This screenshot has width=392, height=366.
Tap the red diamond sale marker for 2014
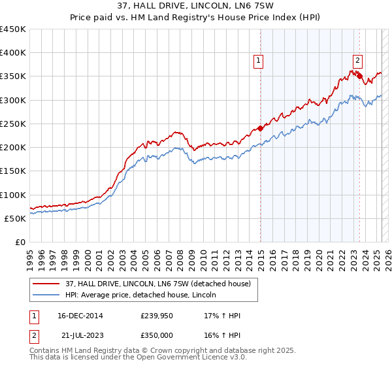260,128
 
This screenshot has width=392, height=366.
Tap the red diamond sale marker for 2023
360,76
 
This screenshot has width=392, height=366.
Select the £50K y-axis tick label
16,219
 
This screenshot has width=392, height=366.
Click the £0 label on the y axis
20,242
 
